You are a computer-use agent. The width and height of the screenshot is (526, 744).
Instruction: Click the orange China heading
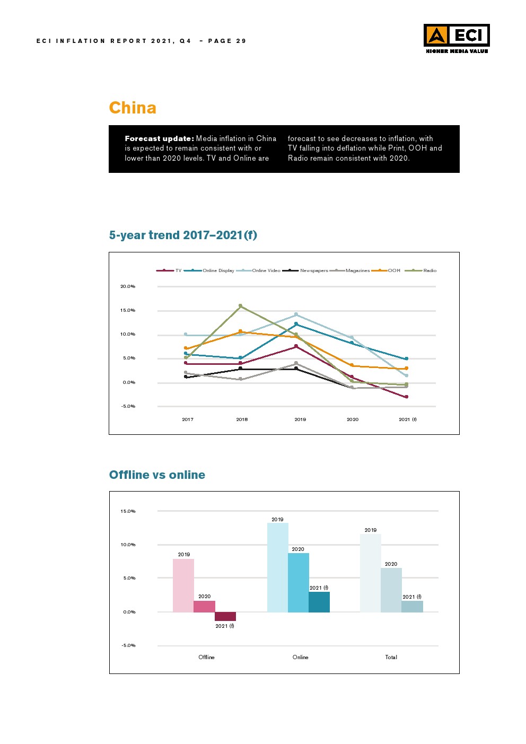pos(133,108)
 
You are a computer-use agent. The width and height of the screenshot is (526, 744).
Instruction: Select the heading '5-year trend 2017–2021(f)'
pos(183,235)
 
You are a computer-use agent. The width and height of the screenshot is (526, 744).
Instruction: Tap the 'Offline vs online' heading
pos(157,475)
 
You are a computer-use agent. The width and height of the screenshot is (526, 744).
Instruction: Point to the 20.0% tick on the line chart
pos(128,286)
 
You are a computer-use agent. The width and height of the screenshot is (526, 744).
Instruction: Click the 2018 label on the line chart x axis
pos(242,419)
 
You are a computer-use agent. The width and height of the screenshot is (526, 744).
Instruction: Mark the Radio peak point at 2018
pos(240,306)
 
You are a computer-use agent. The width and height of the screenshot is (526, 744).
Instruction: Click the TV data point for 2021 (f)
pos(407,397)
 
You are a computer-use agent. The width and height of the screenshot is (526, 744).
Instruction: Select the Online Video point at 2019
pos(296,314)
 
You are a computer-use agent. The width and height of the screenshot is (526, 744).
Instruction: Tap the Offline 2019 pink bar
pos(183,585)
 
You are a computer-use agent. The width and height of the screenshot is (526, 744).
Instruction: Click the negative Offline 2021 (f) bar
pos(225,616)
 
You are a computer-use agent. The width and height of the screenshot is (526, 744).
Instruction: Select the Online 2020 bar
pos(298,583)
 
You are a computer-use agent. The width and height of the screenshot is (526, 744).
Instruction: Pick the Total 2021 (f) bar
pos(412,607)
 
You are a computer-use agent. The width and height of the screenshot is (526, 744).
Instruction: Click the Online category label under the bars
pos(300,657)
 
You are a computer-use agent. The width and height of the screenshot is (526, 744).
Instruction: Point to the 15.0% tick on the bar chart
pos(128,511)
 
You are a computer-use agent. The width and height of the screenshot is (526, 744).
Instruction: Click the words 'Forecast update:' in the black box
pos(159,138)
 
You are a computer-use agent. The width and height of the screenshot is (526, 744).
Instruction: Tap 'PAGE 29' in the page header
pos(227,41)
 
